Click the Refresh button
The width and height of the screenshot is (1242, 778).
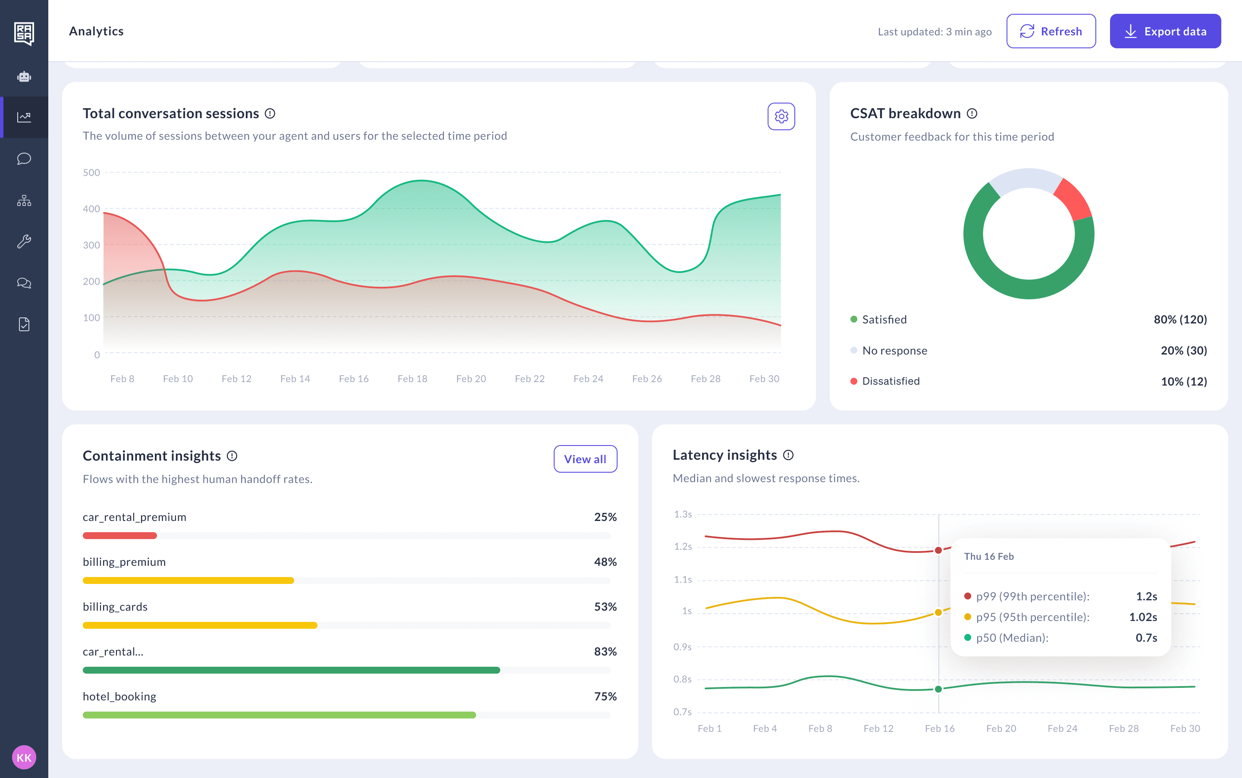pyautogui.click(x=1051, y=31)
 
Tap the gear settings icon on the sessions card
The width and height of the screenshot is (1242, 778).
pyautogui.click(x=781, y=116)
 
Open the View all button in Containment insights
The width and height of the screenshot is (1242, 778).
pyautogui.click(x=585, y=459)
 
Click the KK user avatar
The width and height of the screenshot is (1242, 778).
pyautogui.click(x=24, y=757)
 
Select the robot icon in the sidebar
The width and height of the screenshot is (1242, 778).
pyautogui.click(x=24, y=77)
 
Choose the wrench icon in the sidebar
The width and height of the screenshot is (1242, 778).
pyautogui.click(x=24, y=242)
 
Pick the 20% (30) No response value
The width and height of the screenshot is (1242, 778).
pyautogui.click(x=1183, y=351)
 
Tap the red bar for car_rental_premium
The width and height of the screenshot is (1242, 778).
pyautogui.click(x=120, y=536)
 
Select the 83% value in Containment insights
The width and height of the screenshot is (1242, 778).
pyautogui.click(x=605, y=651)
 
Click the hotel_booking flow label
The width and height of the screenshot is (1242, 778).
pyautogui.click(x=119, y=696)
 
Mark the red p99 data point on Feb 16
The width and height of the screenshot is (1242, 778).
pyautogui.click(x=938, y=550)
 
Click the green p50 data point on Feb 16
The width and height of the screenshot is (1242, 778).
pyautogui.click(x=938, y=689)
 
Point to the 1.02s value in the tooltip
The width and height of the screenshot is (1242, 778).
pyautogui.click(x=1143, y=617)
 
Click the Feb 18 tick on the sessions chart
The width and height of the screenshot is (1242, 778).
pyautogui.click(x=412, y=379)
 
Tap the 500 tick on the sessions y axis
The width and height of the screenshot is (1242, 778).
pyautogui.click(x=91, y=173)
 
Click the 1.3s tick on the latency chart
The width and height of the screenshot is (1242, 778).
pyautogui.click(x=683, y=514)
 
